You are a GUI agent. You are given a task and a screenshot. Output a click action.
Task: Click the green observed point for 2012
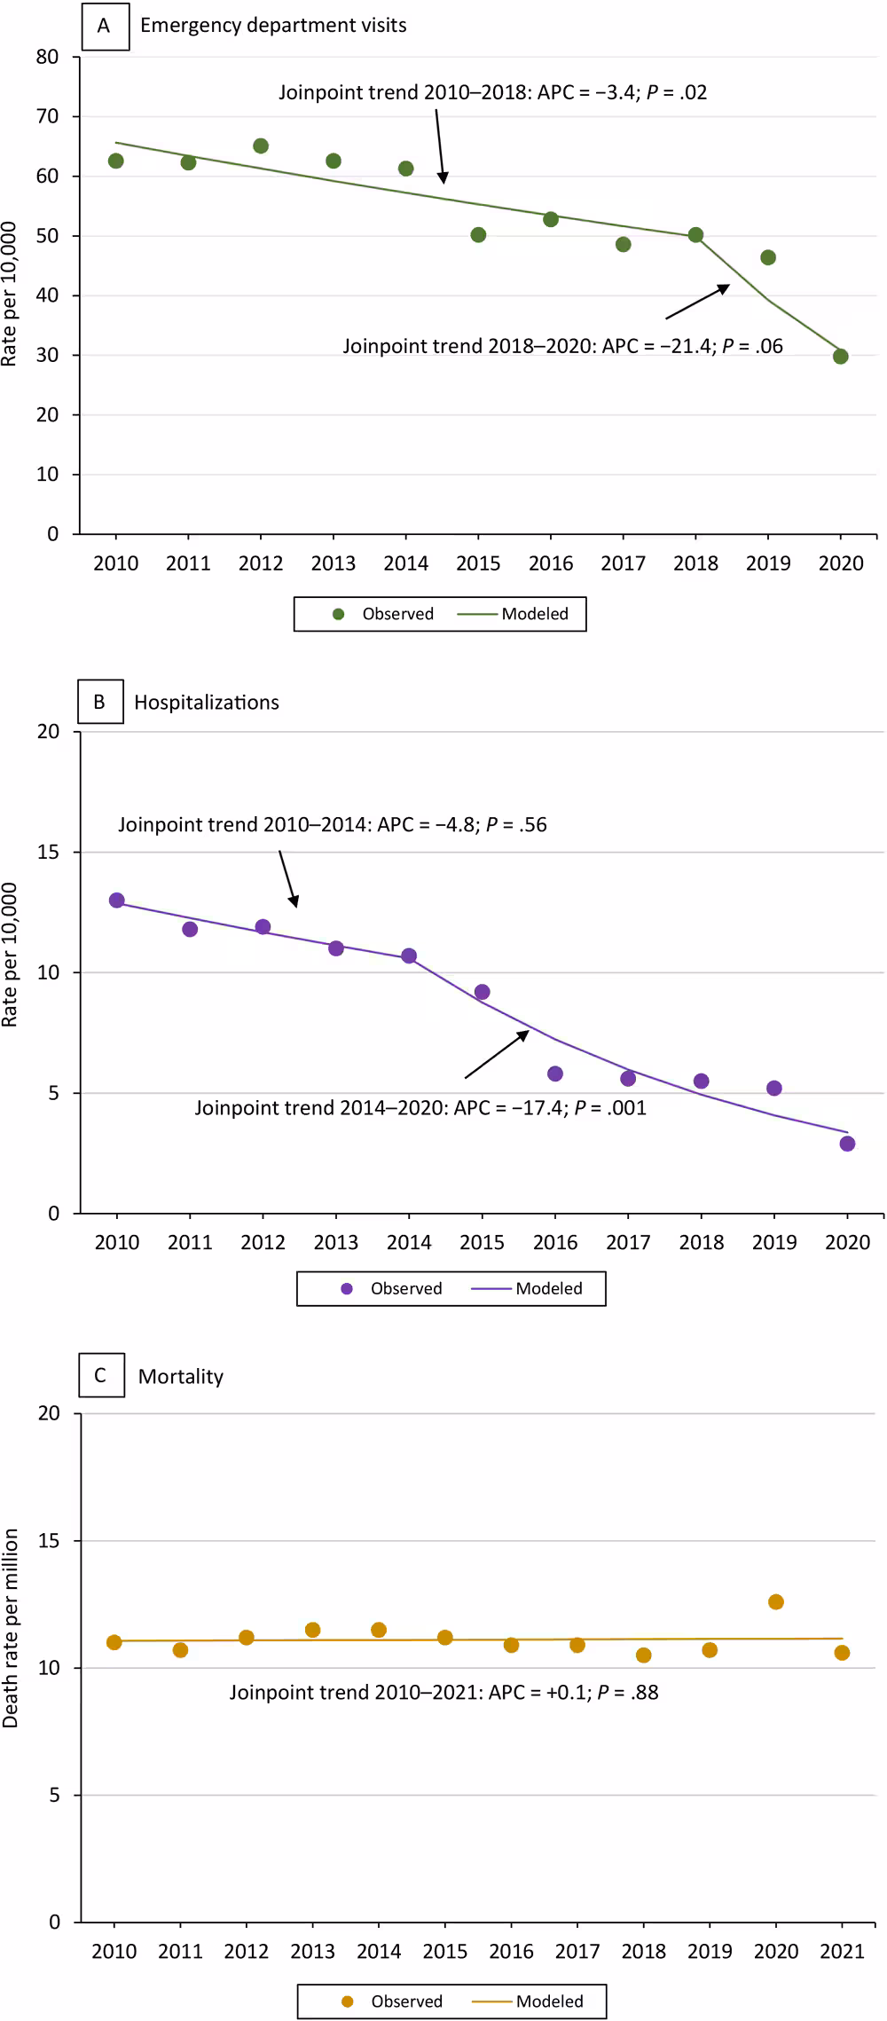coord(261,145)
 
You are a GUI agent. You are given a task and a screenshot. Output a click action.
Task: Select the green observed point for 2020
coord(841,357)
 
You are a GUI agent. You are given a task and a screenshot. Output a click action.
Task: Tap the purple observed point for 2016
coord(555,1073)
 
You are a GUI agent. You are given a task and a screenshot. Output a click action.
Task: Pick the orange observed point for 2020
coord(776,1601)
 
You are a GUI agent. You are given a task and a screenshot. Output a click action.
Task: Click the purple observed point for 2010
coord(117,900)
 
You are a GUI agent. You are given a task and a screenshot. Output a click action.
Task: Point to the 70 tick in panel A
coord(47,116)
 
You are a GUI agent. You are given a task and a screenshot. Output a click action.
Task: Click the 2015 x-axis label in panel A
coord(478,563)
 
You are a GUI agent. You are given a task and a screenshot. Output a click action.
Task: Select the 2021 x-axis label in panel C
coord(842,1951)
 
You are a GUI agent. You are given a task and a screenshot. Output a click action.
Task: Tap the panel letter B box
coord(100,702)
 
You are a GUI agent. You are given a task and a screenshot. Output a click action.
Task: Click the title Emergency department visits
coord(273,25)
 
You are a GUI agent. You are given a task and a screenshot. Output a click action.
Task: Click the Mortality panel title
coord(181,1376)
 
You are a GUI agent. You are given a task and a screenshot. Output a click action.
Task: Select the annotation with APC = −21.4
coord(562,346)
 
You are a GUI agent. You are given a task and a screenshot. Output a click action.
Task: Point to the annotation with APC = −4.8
coord(333,824)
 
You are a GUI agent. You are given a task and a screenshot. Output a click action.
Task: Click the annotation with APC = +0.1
coord(443,1692)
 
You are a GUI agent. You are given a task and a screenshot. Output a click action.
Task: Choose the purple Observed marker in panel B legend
coord(347,1288)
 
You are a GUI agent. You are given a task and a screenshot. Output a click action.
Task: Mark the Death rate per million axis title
coord(11,1627)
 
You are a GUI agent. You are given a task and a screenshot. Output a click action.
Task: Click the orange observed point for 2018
coord(644,1655)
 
